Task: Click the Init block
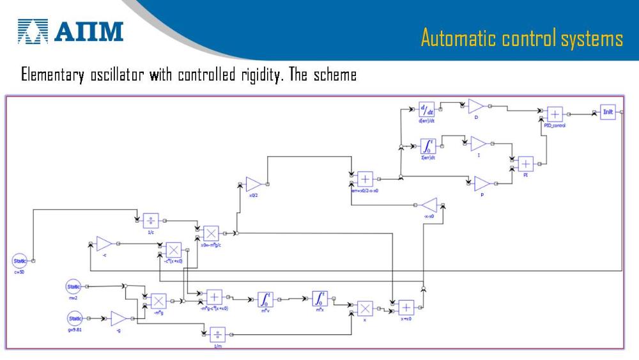pos(608,113)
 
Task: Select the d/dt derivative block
pos(426,109)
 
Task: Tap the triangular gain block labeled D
pos(475,107)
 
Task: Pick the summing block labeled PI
pos(525,163)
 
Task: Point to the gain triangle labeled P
pos(481,184)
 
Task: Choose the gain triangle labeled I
pos(478,144)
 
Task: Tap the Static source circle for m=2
pos(75,286)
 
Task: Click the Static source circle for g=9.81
pos(75,318)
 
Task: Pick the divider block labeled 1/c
pos(151,221)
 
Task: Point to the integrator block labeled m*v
pos(265,299)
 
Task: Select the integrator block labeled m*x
pos(319,299)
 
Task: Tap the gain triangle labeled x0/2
pos(252,184)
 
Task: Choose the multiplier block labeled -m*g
pos(158,301)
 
